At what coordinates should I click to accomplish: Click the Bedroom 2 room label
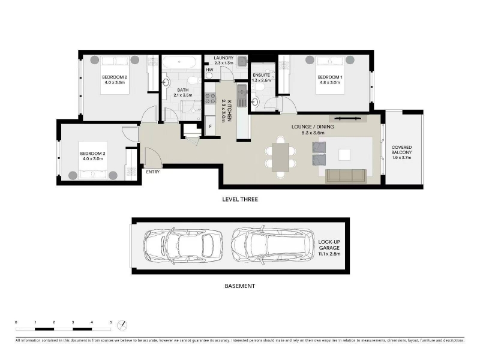(x=115, y=77)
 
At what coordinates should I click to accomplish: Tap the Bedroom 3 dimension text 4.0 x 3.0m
(x=93, y=159)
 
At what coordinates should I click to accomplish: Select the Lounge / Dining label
(x=313, y=127)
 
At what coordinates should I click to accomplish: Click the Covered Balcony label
(x=401, y=149)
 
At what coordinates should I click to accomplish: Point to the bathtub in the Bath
(x=179, y=62)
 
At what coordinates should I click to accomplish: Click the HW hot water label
(x=209, y=70)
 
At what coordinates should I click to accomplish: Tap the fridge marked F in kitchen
(x=211, y=125)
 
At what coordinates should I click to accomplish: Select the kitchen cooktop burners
(x=210, y=98)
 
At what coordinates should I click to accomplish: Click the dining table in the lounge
(x=280, y=157)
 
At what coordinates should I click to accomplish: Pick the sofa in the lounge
(x=346, y=176)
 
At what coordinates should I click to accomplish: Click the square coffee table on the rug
(x=344, y=155)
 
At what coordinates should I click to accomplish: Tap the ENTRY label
(x=153, y=172)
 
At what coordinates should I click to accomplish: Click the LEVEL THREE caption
(x=240, y=199)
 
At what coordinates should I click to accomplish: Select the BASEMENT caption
(x=239, y=286)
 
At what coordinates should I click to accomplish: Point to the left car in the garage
(x=183, y=245)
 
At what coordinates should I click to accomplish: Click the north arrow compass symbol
(x=122, y=325)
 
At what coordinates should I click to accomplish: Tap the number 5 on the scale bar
(x=110, y=322)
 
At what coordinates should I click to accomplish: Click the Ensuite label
(x=262, y=75)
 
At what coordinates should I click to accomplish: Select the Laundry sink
(x=243, y=61)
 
